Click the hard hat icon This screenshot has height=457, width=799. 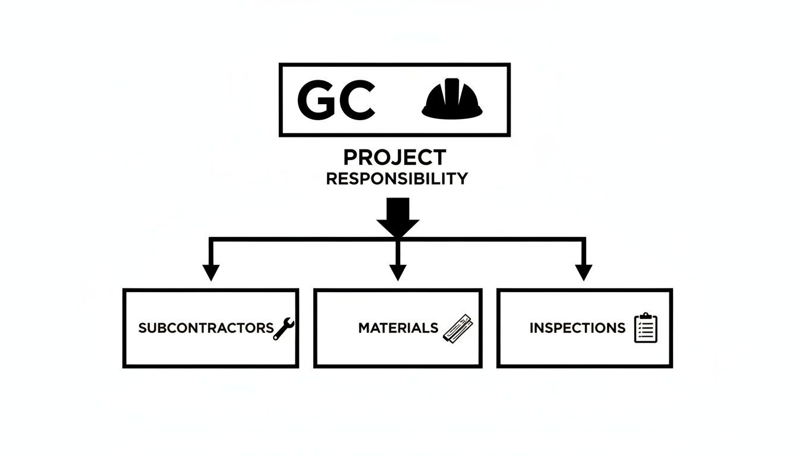point(452,99)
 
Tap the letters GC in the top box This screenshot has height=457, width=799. point(336,99)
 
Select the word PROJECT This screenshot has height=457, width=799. point(395,158)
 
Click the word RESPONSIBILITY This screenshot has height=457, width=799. point(397,179)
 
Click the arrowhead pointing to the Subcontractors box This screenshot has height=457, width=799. point(210,272)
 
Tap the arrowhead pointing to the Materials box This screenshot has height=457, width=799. point(398,272)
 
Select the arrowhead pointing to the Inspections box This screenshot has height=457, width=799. point(584,272)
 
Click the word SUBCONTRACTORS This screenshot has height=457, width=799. point(206,328)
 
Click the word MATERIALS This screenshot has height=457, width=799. point(398,328)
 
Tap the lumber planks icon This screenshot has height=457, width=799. point(457,328)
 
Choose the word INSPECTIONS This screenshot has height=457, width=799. point(577,328)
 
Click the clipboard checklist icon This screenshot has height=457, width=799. point(646,328)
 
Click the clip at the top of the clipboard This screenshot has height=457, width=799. point(646,316)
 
